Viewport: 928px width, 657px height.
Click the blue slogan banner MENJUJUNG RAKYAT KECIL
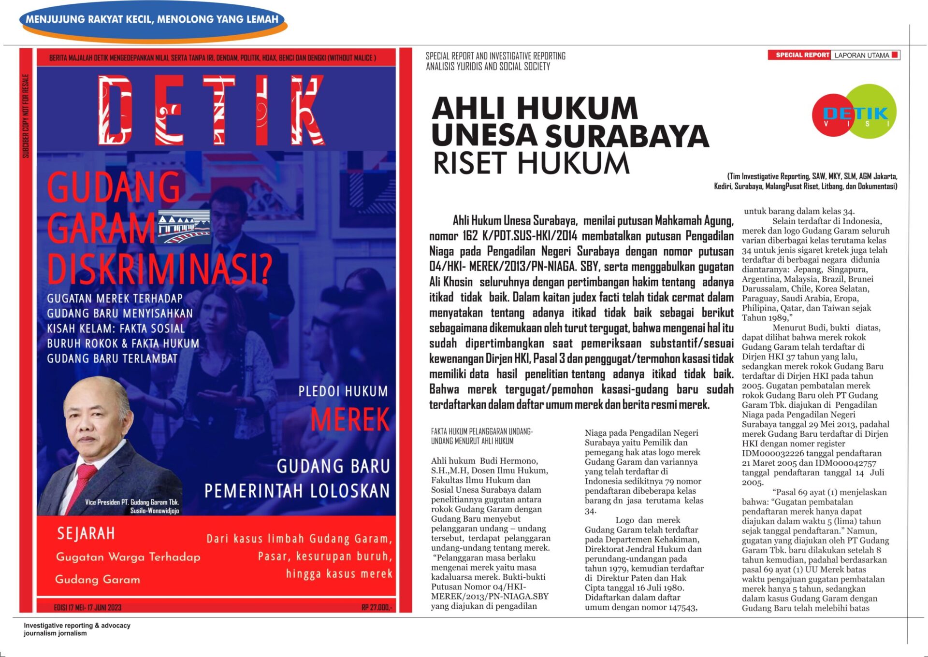152,20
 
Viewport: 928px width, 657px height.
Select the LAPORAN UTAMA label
862,55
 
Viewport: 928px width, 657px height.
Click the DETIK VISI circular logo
855,113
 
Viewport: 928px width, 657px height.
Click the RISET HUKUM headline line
531,163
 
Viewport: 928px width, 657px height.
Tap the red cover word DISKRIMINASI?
159,269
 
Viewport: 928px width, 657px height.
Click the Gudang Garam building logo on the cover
184,226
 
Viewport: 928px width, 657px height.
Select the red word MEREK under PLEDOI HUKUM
349,419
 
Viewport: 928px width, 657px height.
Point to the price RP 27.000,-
377,607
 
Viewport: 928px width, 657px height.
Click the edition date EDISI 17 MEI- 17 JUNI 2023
87,607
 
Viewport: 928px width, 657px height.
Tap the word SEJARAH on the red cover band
86,533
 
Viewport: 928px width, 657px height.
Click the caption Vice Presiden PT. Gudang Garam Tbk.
131,502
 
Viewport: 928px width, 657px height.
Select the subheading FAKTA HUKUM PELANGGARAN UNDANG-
481,431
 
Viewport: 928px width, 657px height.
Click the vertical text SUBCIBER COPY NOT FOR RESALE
26,116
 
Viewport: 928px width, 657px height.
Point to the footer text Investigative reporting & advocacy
77,625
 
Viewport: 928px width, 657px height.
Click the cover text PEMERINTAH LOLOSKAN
297,491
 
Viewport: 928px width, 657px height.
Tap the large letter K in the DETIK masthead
307,111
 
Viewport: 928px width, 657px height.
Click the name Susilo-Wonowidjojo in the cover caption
154,511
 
